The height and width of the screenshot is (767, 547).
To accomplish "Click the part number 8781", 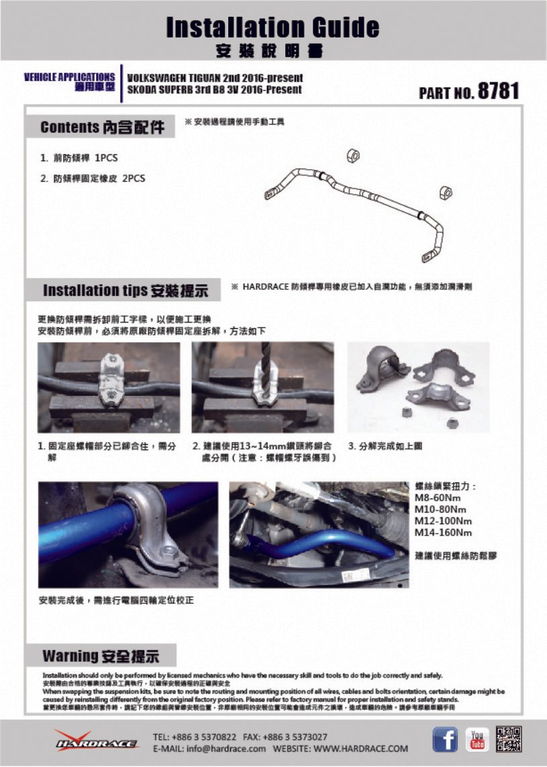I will (x=498, y=92).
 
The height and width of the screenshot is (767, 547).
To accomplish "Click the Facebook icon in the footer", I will (x=445, y=739).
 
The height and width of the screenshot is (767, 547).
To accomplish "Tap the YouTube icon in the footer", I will (x=477, y=739).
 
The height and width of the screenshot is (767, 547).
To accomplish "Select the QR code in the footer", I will (x=509, y=739).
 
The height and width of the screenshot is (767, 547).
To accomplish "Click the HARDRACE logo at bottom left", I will (x=96, y=741).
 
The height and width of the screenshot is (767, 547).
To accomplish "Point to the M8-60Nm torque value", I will (x=438, y=498).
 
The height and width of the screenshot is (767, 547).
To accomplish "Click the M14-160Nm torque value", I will (x=443, y=533).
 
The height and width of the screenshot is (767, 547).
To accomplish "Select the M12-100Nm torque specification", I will (x=443, y=521).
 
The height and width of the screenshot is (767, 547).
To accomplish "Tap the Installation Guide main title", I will (x=272, y=28).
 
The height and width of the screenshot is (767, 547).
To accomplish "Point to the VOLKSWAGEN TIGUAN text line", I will (x=215, y=79).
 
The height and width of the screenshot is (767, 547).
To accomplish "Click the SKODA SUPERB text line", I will (x=214, y=90).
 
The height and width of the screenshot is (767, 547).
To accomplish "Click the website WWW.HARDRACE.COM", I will (x=360, y=748).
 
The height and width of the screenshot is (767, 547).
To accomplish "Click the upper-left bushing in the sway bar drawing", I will (x=353, y=156).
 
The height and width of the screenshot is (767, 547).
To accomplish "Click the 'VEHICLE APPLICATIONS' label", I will (x=69, y=77).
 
